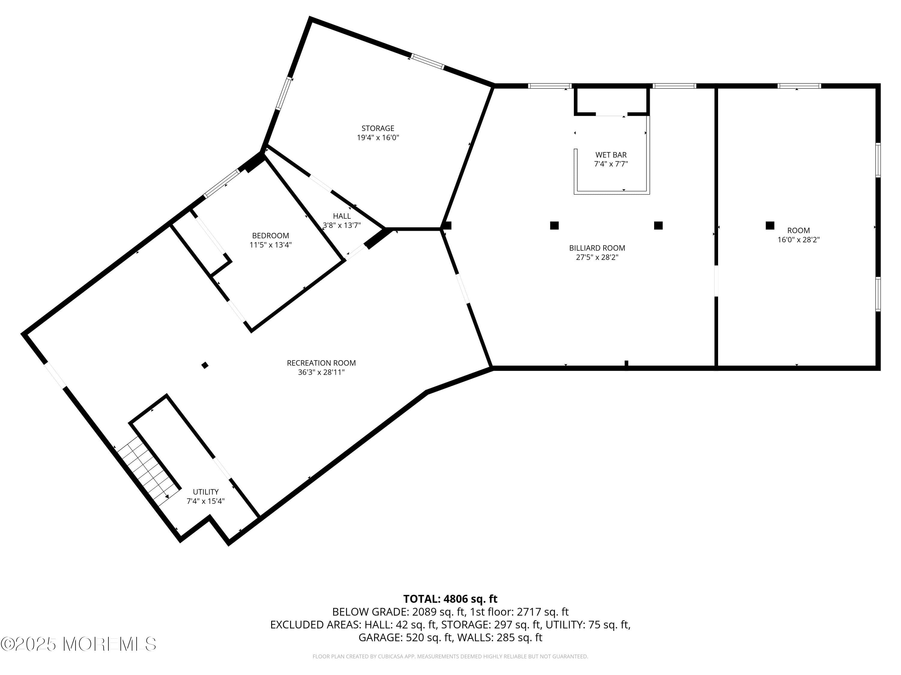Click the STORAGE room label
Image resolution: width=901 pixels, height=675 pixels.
click(378, 128)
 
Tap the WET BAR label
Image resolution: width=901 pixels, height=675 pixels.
click(611, 154)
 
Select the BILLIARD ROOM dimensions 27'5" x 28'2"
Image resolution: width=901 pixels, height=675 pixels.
click(597, 257)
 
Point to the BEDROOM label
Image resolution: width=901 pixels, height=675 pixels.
click(271, 235)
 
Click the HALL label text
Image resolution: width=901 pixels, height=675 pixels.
click(341, 216)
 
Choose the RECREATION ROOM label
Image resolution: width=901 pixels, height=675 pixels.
click(321, 363)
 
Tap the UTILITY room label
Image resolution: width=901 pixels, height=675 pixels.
click(206, 492)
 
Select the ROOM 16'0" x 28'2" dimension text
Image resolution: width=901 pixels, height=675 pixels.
click(798, 240)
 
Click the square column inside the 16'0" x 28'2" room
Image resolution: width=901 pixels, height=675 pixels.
click(769, 225)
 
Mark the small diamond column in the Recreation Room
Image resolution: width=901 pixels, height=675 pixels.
click(205, 365)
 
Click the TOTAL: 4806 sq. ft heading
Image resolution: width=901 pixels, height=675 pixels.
click(450, 599)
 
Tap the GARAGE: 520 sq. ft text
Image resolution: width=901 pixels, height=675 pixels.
click(405, 637)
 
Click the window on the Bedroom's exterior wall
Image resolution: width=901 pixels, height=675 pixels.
click(222, 184)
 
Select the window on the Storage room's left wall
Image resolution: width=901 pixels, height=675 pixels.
click(284, 94)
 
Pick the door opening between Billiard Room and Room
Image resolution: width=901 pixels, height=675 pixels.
click(716, 281)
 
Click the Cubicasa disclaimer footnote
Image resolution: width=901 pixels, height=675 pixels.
click(450, 656)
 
